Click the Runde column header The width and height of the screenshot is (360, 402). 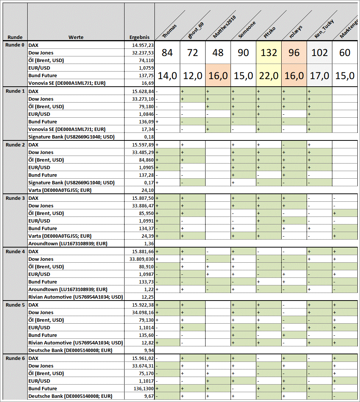pos(15,37)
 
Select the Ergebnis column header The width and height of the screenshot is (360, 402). pos(139,37)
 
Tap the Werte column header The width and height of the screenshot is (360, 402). pos(76,37)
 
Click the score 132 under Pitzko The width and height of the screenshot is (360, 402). pos(269,52)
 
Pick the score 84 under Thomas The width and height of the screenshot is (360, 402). pos(167,52)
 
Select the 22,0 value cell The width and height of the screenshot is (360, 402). pos(269,75)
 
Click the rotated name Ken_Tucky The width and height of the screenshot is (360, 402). pos(320,30)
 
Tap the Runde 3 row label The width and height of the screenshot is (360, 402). pos(15,198)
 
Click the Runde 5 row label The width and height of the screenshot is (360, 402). pos(15,305)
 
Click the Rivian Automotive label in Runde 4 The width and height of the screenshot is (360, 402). pos(76,297)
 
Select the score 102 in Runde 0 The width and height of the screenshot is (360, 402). pos(319,52)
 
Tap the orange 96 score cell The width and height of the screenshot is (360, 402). pos(294,52)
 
